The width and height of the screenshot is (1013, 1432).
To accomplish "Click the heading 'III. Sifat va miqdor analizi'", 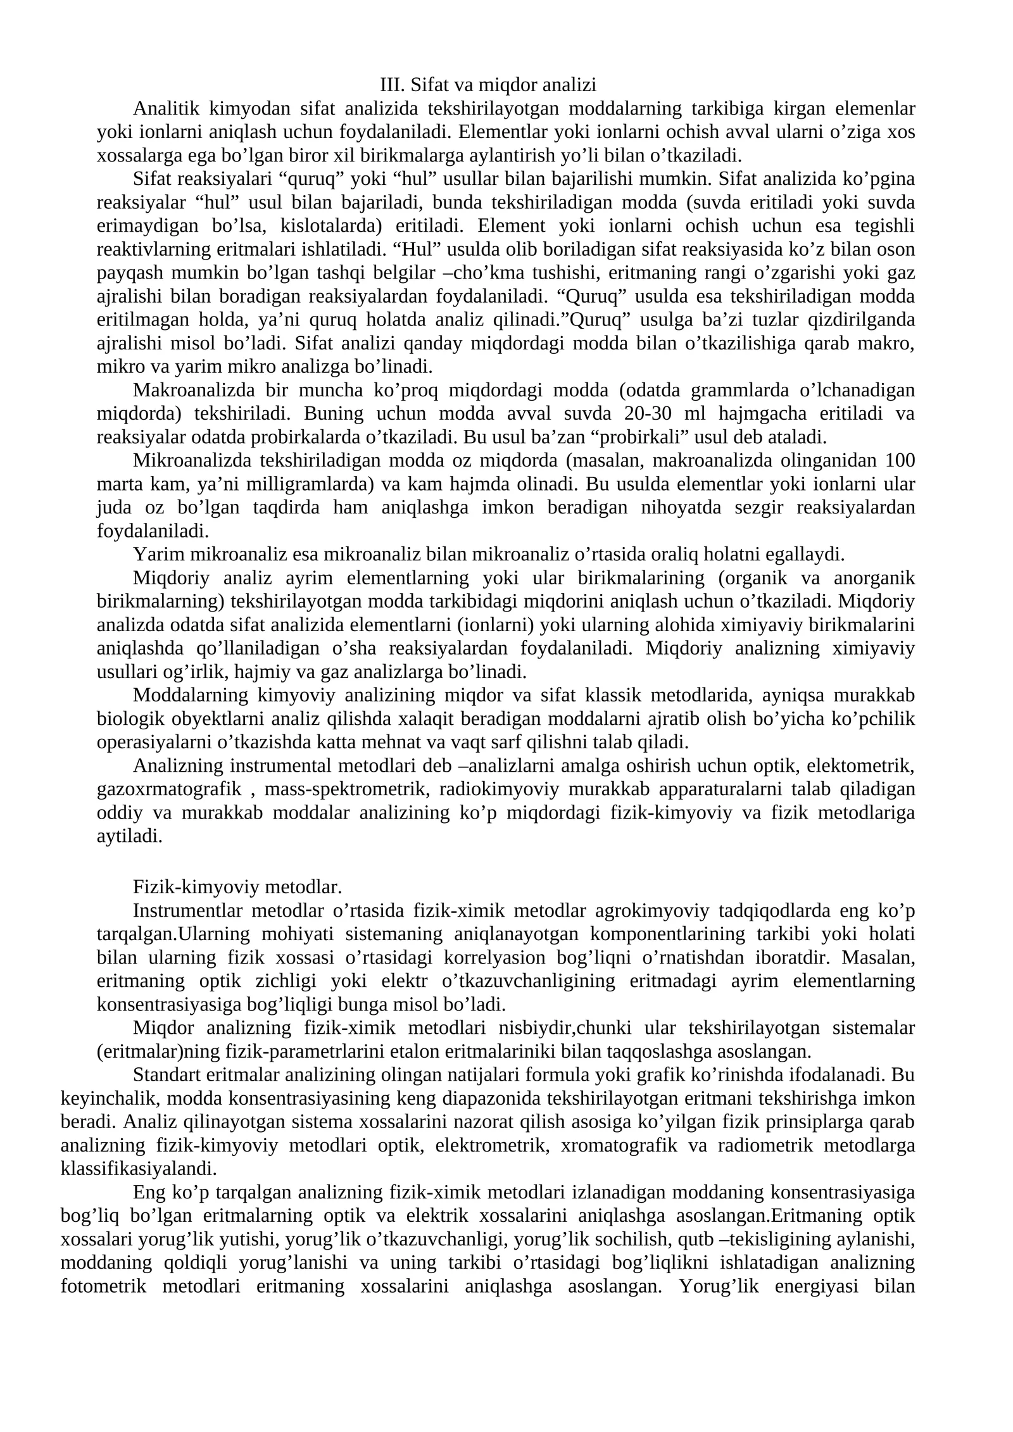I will tap(488, 85).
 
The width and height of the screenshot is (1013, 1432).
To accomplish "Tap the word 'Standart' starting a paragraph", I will tap(167, 1076).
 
